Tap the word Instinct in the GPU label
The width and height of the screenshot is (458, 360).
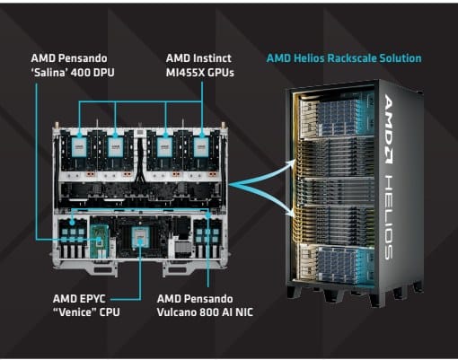tap(212, 58)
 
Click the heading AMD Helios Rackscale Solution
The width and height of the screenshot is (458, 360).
tap(344, 58)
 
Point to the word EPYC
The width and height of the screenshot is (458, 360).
tap(92, 299)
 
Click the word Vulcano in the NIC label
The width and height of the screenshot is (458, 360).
tap(176, 312)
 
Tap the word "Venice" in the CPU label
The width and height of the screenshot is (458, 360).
tap(75, 312)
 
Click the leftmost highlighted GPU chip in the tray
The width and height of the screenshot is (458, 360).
tap(79, 147)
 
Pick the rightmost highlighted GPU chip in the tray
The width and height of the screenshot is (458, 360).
tap(201, 147)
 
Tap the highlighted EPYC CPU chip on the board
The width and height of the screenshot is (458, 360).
tap(140, 237)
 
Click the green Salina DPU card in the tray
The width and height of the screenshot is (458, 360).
tap(99, 241)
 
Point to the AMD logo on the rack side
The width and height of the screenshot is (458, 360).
tap(389, 129)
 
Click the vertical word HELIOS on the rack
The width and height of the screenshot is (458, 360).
tap(389, 217)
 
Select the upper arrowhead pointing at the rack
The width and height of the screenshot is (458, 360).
tap(291, 163)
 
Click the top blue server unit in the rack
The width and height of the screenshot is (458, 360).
tap(338, 117)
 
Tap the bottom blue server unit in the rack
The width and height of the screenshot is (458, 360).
tap(338, 263)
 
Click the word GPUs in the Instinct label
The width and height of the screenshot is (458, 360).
tap(221, 73)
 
